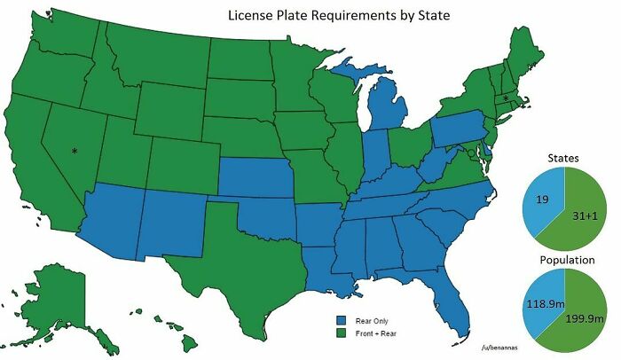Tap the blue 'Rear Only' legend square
tap(340, 320)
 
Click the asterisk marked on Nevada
tap(75, 151)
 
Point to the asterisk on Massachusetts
tap(506, 98)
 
